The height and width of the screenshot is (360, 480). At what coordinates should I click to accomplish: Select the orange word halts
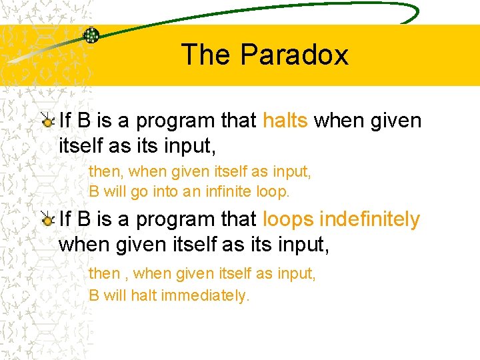coord(285,121)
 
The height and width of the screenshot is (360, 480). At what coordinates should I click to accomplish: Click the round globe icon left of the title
coord(91,35)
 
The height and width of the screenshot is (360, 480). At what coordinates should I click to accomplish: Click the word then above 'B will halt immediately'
coord(104,273)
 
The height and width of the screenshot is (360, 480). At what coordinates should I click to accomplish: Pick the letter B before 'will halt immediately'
coord(94,295)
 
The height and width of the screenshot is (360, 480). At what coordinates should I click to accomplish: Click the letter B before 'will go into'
coord(94,192)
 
